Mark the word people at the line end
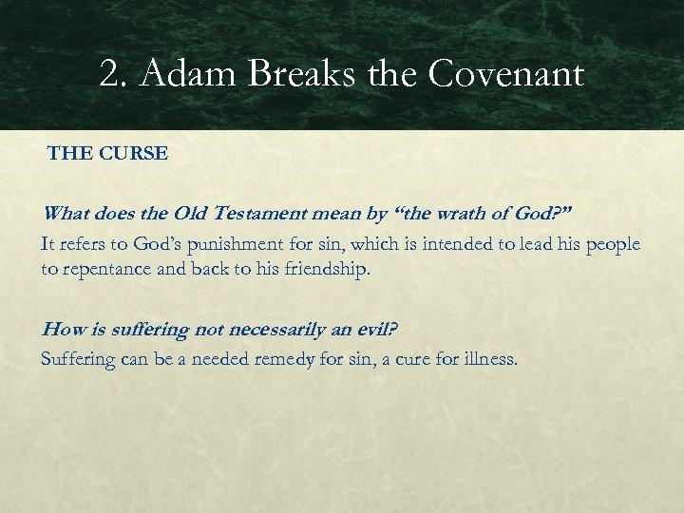612,244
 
